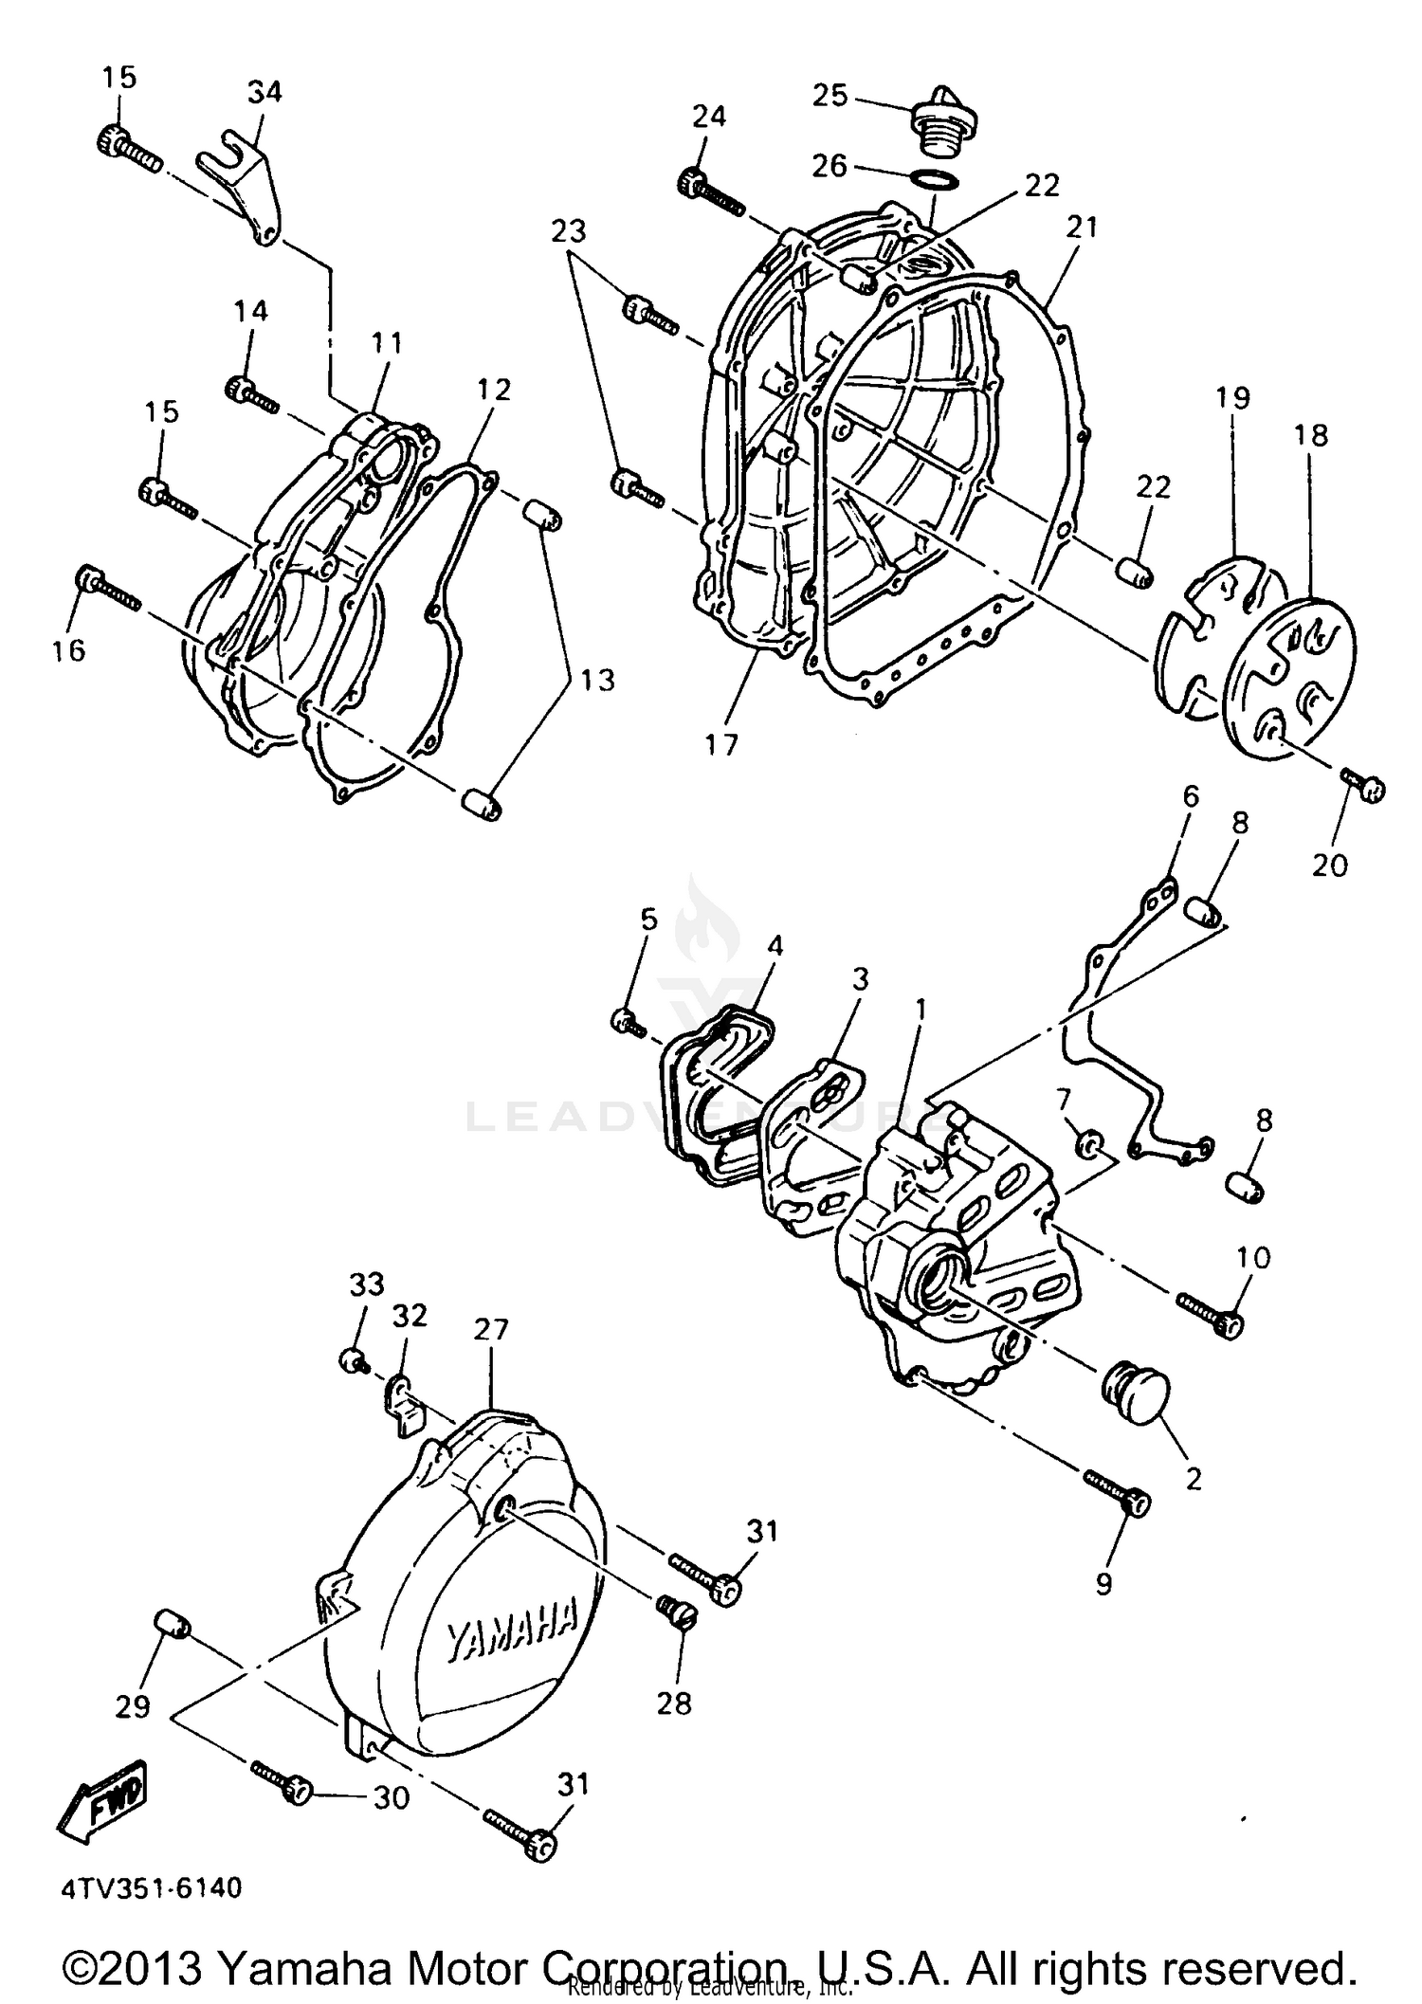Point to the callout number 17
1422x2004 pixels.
pyautogui.click(x=721, y=746)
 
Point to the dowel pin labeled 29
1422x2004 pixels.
pyautogui.click(x=172, y=1625)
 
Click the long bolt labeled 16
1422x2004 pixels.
pyautogui.click(x=109, y=588)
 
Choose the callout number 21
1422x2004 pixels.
pyautogui.click(x=1082, y=228)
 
